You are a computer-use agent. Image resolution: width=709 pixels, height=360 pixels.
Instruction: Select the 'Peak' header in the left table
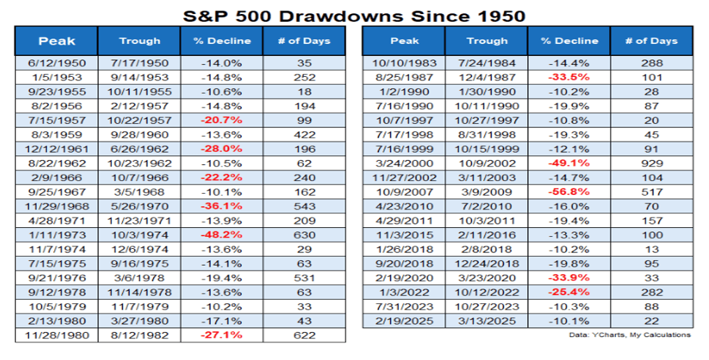[57, 41]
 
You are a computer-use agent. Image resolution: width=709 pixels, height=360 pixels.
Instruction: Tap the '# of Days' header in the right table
[651, 41]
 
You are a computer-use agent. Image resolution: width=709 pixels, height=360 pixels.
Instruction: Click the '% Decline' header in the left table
[222, 41]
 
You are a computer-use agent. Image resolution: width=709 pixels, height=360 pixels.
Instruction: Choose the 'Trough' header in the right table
[487, 41]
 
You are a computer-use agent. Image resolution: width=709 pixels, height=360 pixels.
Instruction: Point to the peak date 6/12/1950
[57, 62]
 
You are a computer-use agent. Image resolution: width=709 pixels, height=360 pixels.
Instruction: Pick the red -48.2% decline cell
[222, 235]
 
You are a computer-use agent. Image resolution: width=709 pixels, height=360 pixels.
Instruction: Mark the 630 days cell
[304, 235]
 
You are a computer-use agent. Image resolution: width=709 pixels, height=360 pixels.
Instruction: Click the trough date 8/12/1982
[139, 336]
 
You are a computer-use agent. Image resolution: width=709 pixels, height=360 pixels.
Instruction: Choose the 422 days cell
[304, 134]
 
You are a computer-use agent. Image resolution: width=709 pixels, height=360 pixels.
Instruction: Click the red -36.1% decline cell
[222, 206]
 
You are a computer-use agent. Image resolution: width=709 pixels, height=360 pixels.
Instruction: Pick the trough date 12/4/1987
[487, 75]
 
